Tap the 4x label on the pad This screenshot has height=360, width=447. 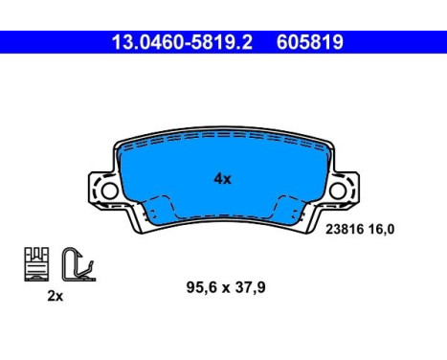click(x=221, y=178)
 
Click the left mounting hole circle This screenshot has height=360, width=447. click(x=108, y=191)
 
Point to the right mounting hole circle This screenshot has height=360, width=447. click(x=338, y=191)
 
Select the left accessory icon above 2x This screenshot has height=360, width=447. click(x=35, y=263)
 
